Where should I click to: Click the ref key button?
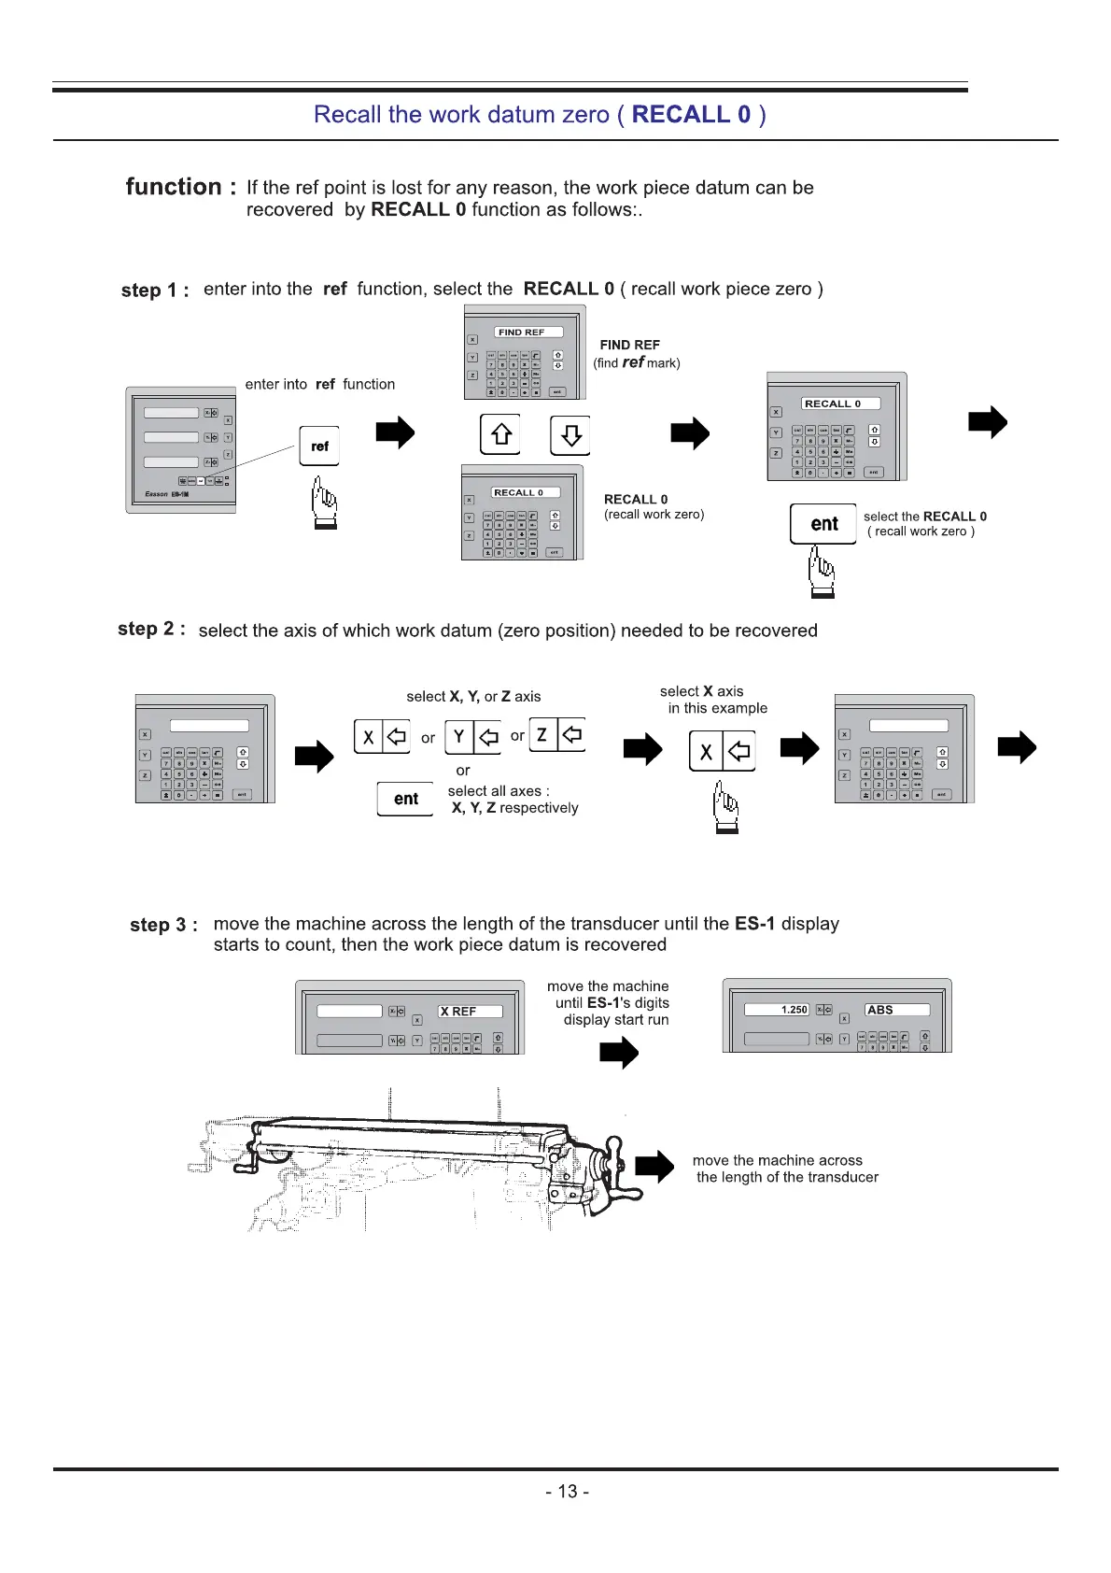319,446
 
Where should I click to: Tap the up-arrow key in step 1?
501,434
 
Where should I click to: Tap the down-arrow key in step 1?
570,434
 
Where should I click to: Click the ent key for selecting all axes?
406,799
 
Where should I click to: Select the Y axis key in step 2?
473,737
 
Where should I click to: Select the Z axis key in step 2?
556,734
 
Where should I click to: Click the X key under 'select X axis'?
721,751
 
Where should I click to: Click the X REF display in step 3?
470,1011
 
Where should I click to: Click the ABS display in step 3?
896,1010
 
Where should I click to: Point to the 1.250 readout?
794,1010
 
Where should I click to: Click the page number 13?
567,1491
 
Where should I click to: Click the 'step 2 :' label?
151,629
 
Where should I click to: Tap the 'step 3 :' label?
163,925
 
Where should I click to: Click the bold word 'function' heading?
174,187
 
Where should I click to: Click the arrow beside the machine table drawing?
654,1167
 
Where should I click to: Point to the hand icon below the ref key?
324,503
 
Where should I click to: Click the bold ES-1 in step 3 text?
754,923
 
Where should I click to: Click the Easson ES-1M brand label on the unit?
166,494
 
